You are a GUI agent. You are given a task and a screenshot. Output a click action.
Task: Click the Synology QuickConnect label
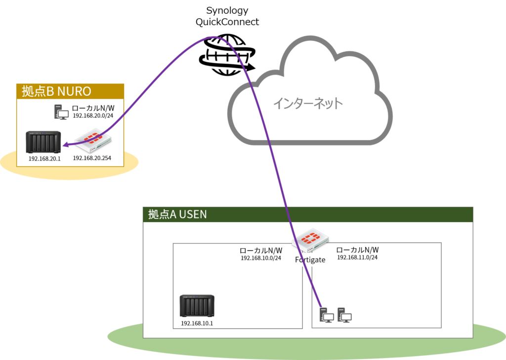click(x=227, y=16)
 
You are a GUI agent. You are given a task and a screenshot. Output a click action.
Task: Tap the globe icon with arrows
click(x=227, y=55)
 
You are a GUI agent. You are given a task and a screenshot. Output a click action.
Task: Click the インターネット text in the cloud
click(x=308, y=103)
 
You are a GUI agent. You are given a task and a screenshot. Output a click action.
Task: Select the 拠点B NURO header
click(x=56, y=91)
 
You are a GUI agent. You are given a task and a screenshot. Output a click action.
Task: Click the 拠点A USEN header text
click(x=177, y=214)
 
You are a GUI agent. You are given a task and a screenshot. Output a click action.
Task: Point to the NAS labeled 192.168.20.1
click(x=43, y=142)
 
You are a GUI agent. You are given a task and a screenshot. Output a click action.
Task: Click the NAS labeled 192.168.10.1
click(x=197, y=306)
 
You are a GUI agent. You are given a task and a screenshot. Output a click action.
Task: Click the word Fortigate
click(x=310, y=260)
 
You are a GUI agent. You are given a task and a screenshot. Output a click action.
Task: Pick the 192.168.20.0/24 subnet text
click(x=93, y=116)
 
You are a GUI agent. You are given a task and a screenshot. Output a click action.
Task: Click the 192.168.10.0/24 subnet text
click(x=261, y=258)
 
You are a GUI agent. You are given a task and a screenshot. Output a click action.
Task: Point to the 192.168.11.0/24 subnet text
click(x=357, y=257)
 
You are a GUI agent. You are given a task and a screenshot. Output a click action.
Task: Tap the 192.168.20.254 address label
click(x=92, y=158)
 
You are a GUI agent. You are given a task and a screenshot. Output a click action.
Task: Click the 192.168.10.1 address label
click(x=197, y=323)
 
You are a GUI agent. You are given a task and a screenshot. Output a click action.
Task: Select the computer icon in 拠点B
click(x=61, y=112)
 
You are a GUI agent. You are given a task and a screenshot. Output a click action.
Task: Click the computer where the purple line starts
click(x=327, y=315)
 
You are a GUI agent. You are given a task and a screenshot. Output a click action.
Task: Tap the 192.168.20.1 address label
click(x=44, y=159)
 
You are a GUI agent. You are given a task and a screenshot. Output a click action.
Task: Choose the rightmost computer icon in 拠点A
click(x=344, y=315)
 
